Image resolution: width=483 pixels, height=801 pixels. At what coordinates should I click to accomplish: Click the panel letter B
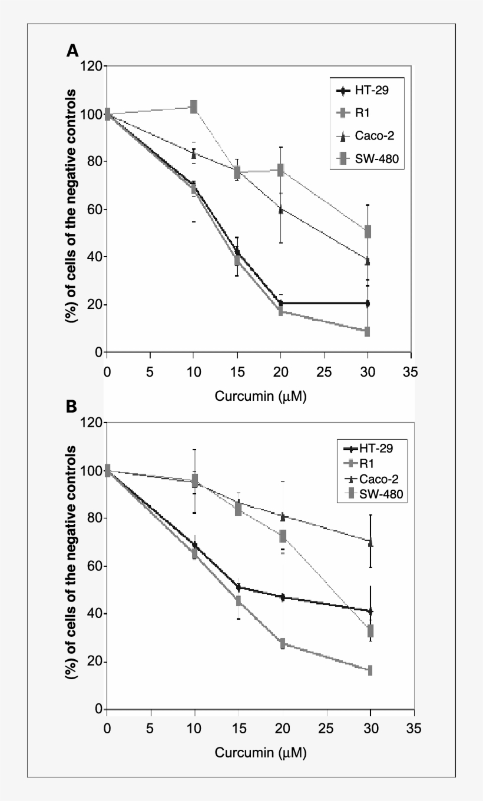tap(71, 407)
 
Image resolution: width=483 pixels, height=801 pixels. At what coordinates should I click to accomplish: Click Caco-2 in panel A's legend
tap(373, 136)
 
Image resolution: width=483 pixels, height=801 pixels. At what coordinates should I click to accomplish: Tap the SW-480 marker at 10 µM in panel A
tap(193, 107)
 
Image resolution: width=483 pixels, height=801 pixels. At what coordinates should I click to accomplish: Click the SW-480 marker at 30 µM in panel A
tap(368, 231)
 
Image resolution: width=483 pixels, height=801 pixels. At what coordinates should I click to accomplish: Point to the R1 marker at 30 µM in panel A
tap(368, 331)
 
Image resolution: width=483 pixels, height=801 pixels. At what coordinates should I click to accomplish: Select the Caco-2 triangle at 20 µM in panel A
tap(281, 210)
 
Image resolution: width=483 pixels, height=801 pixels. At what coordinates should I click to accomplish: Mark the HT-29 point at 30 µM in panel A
tap(368, 303)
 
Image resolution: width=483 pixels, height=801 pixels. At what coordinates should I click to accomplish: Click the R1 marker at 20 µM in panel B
tap(283, 643)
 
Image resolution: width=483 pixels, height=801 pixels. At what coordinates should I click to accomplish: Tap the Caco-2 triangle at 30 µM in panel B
tap(370, 542)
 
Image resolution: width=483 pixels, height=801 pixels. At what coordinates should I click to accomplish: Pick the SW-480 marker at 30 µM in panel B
tap(370, 631)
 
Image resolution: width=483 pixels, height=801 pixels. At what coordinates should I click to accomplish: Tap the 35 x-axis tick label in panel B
tap(413, 728)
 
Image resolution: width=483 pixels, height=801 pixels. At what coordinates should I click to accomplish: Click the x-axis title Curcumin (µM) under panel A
tap(260, 396)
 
